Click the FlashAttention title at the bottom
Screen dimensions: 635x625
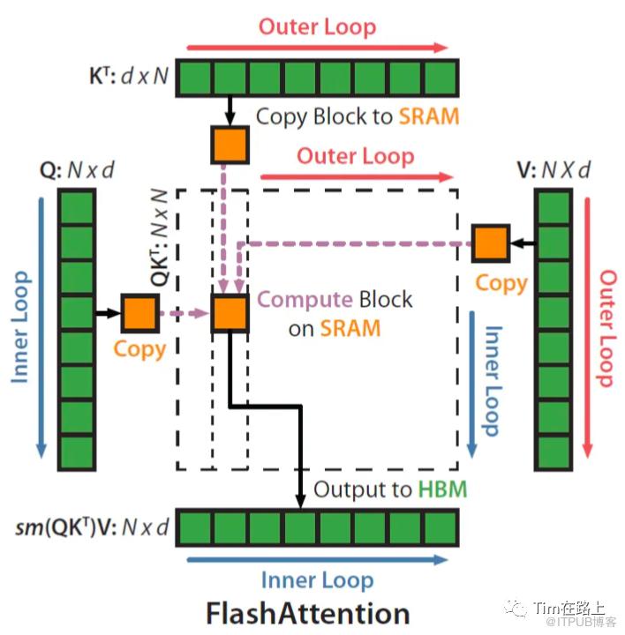(308, 612)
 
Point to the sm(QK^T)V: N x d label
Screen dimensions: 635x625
(93, 527)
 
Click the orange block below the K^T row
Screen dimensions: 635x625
(229, 144)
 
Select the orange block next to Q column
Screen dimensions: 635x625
(139, 313)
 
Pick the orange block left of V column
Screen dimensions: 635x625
(490, 243)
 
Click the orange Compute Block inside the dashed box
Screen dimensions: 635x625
(229, 313)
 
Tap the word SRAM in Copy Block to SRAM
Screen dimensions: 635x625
(429, 116)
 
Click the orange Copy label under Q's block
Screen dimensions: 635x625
(139, 348)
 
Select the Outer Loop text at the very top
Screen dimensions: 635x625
(317, 26)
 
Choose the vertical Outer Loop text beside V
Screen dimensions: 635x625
(606, 327)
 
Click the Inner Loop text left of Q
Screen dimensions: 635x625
(20, 327)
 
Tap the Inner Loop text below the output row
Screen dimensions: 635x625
(317, 579)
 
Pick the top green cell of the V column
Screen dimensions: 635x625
(553, 207)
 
